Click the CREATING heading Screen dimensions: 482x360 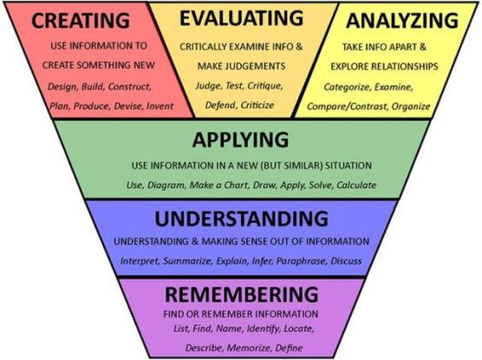click(x=81, y=21)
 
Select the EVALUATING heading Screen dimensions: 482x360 click(x=241, y=18)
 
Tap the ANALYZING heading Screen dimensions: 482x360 click(x=402, y=21)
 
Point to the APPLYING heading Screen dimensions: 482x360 click(x=240, y=141)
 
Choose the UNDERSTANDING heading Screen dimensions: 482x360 click(x=241, y=219)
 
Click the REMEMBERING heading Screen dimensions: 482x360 click(x=242, y=294)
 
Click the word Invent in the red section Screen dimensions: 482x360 click(x=160, y=106)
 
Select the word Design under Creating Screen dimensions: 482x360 click(x=62, y=87)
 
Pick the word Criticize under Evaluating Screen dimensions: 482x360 click(x=257, y=105)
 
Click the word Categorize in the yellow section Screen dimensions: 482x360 click(x=347, y=88)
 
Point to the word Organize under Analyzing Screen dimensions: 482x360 click(x=411, y=107)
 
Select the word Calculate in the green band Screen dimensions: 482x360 click(x=356, y=186)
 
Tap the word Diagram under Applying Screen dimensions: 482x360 click(x=166, y=186)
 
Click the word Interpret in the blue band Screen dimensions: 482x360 click(x=140, y=261)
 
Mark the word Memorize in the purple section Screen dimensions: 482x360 click(x=249, y=348)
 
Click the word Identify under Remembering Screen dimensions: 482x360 click(x=263, y=330)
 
